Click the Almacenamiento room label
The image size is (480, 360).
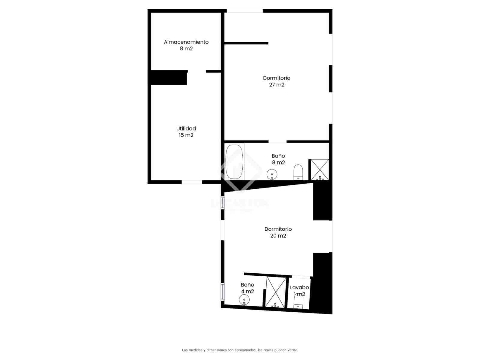(x=186, y=42)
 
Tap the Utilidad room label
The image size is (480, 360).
(x=186, y=128)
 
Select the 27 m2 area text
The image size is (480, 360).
(x=277, y=85)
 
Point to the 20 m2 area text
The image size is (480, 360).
(x=278, y=236)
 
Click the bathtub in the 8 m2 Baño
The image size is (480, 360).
(x=234, y=162)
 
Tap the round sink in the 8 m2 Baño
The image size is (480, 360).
(x=272, y=174)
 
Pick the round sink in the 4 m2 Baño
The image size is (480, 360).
(x=244, y=299)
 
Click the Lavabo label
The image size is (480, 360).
(x=299, y=287)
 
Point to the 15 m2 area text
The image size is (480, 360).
(x=186, y=135)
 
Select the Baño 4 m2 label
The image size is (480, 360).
(x=247, y=288)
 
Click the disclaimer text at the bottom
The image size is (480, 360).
(x=240, y=350)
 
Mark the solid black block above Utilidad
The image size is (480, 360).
(x=169, y=78)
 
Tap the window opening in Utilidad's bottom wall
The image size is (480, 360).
(x=192, y=182)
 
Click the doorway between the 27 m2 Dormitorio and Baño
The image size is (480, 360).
(x=277, y=142)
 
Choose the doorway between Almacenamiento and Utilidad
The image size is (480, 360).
(x=197, y=71)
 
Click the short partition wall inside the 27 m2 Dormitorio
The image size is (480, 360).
(x=246, y=43)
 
